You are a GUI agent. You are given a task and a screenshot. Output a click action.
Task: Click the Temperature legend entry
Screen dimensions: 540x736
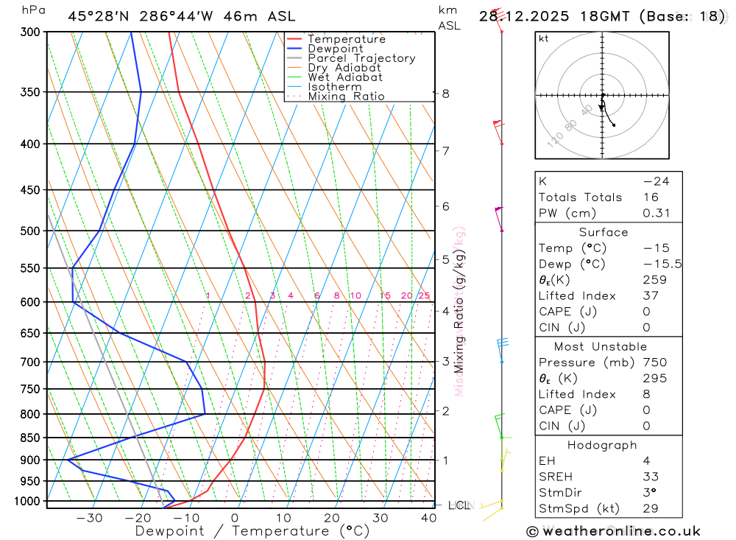[x=346, y=39]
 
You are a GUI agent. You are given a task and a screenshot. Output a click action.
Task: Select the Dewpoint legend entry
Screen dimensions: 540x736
[x=335, y=49]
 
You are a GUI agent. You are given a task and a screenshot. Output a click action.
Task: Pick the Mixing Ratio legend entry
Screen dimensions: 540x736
[x=346, y=97]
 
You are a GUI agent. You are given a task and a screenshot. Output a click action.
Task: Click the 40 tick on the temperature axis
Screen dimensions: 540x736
[x=428, y=518]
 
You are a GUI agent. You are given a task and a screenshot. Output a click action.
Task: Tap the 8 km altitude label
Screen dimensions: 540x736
[x=445, y=94]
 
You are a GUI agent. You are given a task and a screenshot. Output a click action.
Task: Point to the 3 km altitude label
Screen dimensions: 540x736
[x=445, y=362]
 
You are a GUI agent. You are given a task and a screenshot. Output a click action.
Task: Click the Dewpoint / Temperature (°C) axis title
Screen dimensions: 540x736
[x=252, y=531]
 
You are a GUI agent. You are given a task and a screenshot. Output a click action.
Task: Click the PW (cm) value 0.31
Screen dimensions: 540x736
[x=656, y=214]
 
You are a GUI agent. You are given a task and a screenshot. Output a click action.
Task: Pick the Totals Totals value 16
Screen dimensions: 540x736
[x=650, y=197]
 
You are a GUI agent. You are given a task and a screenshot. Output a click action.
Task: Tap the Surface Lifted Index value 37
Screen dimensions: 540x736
[x=650, y=296]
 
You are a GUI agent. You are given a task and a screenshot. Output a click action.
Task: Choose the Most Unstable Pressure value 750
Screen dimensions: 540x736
[x=654, y=362]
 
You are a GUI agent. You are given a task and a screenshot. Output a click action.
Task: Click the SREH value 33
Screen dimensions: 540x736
[x=650, y=477]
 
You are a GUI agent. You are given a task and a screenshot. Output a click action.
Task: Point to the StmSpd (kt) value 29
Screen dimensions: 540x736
[x=650, y=509]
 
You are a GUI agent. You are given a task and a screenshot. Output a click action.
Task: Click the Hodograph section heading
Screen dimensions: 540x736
[x=603, y=445]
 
